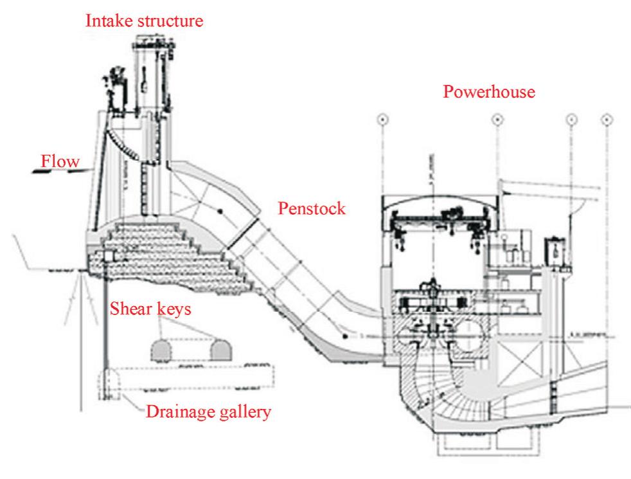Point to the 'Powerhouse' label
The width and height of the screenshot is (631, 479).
[489, 93]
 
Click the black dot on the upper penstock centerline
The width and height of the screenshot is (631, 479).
[220, 210]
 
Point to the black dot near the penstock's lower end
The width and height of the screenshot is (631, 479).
[346, 335]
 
